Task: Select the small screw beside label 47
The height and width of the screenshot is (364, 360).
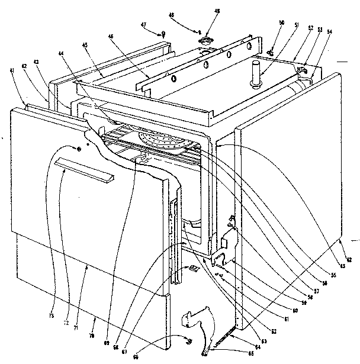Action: click(161, 37)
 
